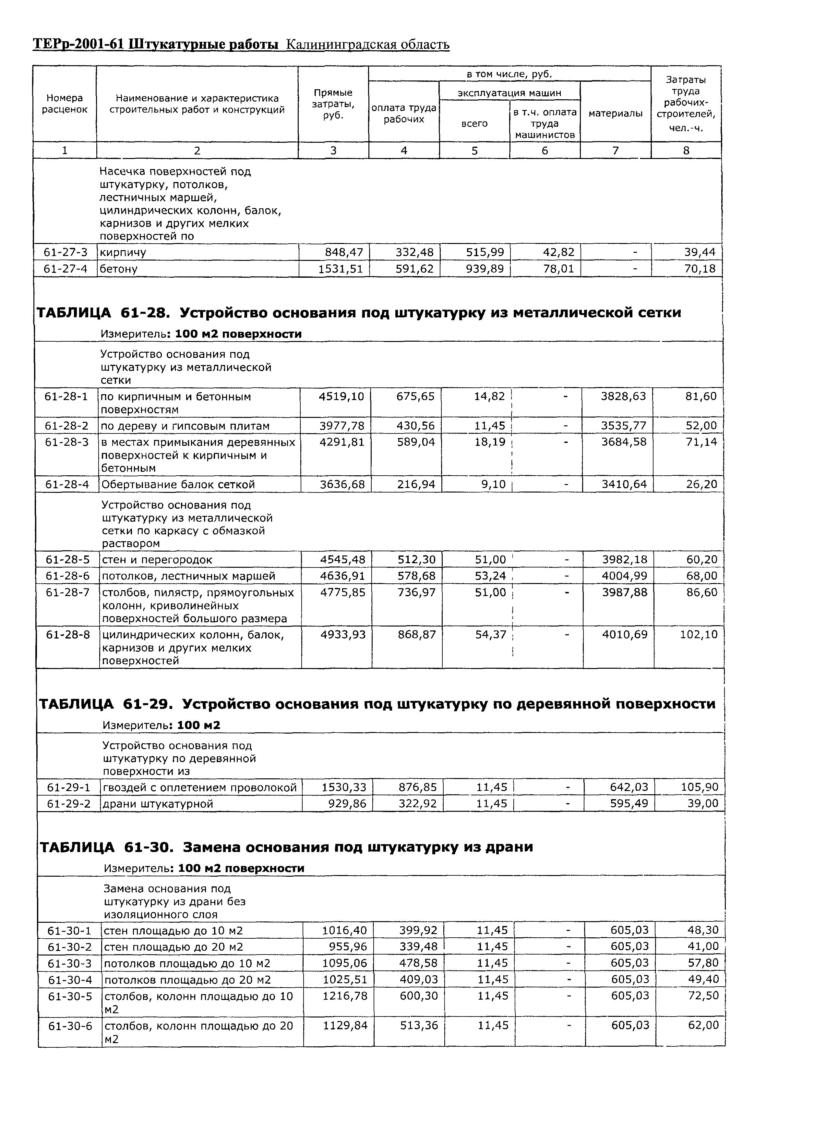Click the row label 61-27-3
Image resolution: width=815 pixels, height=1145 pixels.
[65, 252]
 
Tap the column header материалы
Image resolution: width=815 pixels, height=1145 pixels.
[615, 114]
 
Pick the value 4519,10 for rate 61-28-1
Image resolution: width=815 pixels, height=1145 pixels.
[341, 396]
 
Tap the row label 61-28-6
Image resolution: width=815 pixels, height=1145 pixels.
[68, 576]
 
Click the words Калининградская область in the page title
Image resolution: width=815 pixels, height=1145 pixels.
[367, 45]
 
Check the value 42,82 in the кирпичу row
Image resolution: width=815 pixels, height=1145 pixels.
[558, 252]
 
